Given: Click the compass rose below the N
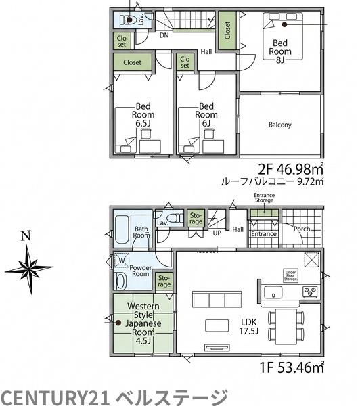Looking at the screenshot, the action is point(29,268).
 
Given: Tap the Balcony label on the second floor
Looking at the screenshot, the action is point(280,125).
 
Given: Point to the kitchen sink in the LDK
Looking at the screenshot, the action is point(273,292).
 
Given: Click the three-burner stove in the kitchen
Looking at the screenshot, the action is point(311,291).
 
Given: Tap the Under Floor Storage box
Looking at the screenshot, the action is point(290,276).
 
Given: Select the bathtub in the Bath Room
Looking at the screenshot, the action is point(122,231).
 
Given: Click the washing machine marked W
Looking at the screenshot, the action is point(122,260).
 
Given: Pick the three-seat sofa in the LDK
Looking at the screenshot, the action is point(217,299).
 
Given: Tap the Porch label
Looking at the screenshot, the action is point(302,229).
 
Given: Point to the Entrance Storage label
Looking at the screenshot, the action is point(264,198).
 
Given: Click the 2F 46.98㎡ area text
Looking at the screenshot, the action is point(291,169).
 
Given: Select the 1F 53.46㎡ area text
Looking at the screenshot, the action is point(292,367).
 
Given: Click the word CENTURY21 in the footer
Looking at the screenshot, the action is point(55,397).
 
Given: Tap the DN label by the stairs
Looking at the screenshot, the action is point(164,35).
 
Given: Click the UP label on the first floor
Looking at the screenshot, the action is point(217,233).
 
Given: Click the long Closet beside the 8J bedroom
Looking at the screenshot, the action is point(227,30).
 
